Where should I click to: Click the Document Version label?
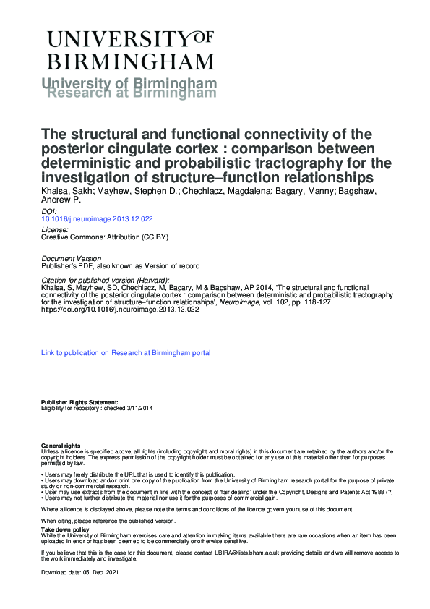tap(70, 259)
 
